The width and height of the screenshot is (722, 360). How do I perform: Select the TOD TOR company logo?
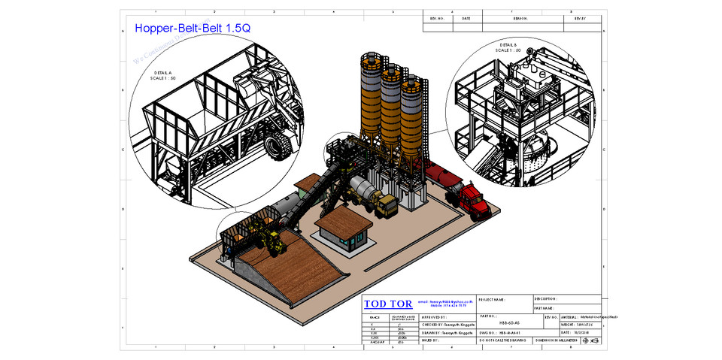(x=388, y=304)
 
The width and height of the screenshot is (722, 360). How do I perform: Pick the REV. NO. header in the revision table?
(x=437, y=18)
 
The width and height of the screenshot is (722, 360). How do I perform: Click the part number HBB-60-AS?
(x=509, y=322)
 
